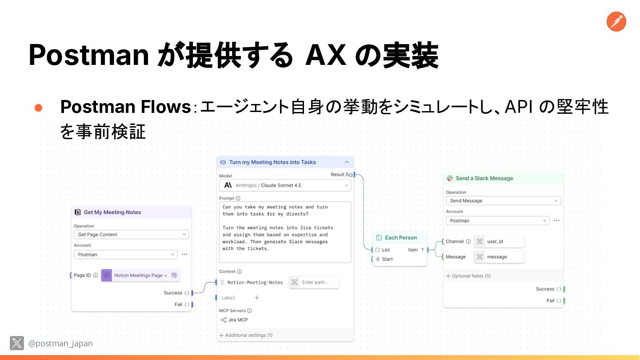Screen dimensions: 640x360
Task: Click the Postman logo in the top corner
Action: (x=616, y=21)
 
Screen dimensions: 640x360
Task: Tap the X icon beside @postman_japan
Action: (x=17, y=343)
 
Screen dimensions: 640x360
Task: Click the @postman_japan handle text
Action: (x=60, y=344)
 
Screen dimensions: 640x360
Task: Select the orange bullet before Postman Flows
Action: (x=38, y=108)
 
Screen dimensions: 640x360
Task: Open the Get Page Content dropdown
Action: (x=132, y=235)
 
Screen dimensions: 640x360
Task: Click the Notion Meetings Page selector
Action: (x=140, y=276)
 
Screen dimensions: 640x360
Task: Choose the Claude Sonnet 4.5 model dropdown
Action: (x=285, y=185)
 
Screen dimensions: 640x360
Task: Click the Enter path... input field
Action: (x=319, y=282)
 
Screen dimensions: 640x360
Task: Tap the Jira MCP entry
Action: (x=238, y=320)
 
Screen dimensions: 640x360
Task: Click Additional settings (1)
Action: (x=248, y=335)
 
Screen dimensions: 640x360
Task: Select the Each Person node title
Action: (x=400, y=238)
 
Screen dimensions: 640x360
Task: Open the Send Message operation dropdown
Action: (x=503, y=201)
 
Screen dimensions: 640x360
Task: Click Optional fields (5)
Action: (x=471, y=276)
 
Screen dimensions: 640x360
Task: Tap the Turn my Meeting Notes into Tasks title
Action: (x=272, y=163)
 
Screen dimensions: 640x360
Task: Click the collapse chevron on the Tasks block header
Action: (x=347, y=163)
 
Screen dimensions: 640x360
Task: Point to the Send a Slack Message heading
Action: (x=484, y=179)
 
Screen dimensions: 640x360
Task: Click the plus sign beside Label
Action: (x=256, y=298)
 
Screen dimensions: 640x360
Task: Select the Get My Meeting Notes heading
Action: (x=112, y=212)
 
